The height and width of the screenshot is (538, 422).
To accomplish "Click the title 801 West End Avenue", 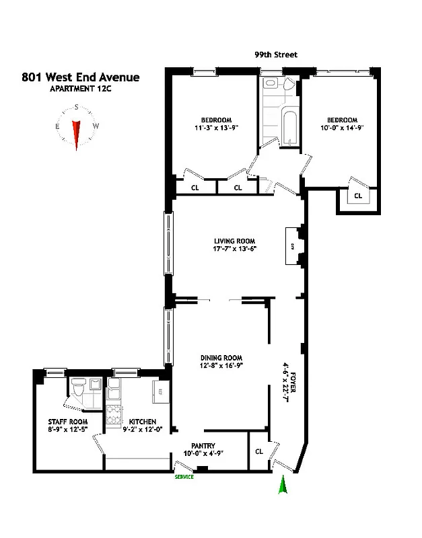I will pos(81,77).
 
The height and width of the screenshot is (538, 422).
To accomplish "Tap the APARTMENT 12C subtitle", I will pos(81,89).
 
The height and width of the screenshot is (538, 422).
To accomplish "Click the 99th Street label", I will pos(275,55).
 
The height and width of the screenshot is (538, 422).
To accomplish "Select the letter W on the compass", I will pos(96,126).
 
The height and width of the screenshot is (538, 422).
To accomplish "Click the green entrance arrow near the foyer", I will pos(283,486).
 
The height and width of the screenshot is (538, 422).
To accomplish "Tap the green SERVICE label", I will pos(184,477).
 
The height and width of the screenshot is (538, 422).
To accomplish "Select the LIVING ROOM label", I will pos(235,241).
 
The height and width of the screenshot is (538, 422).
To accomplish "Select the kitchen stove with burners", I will pos(113,410).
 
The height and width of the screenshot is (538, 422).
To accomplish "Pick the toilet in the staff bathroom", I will pos(78,389).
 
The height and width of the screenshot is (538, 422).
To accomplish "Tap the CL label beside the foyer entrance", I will pos(259,451).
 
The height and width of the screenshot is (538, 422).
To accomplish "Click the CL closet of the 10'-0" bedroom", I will pos(357,196).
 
